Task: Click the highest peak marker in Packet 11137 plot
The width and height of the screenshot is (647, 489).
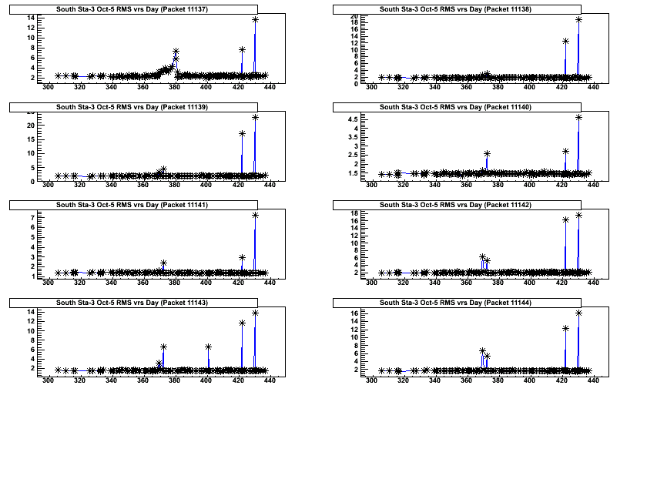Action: [x=255, y=19]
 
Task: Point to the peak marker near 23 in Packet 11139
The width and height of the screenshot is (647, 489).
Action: [x=255, y=117]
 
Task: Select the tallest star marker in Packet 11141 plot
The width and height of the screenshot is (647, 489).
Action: [x=255, y=216]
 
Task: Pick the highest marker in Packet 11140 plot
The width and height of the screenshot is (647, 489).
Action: [x=578, y=117]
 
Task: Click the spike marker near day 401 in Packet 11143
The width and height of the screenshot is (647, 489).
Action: [x=208, y=347]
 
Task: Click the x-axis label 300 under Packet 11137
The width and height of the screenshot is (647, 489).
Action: [x=48, y=88]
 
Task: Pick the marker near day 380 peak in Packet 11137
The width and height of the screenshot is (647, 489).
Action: [x=176, y=52]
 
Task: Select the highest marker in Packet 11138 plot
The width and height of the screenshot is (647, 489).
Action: [x=578, y=19]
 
